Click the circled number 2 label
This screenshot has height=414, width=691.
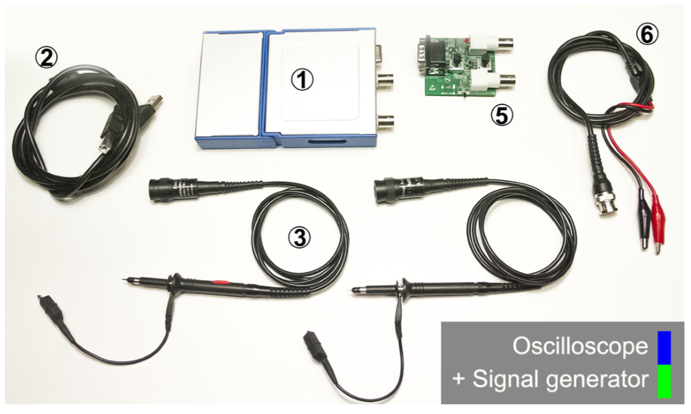click(x=46, y=58)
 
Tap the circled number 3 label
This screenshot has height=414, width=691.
click(x=299, y=238)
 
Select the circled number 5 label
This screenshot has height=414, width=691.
click(x=502, y=115)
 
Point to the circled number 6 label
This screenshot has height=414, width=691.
click(x=647, y=34)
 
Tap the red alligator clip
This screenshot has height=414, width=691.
click(x=657, y=229)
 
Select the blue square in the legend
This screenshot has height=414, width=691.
click(x=664, y=348)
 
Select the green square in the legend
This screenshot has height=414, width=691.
click(x=664, y=382)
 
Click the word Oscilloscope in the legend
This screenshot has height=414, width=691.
click(x=580, y=347)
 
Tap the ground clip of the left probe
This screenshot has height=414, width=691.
click(x=52, y=309)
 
